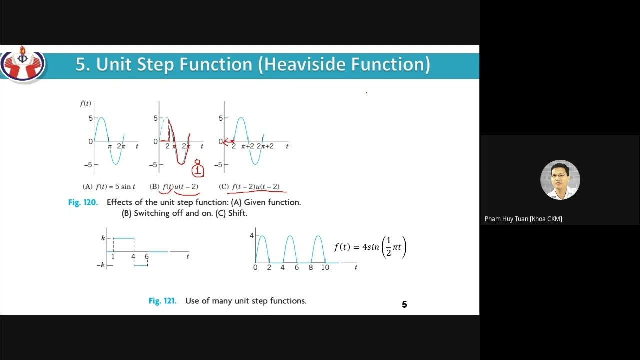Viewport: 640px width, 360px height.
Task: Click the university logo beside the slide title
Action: [22, 64]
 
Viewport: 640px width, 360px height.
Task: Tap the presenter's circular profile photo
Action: [560, 180]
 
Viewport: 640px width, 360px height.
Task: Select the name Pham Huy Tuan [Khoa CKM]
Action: [523, 219]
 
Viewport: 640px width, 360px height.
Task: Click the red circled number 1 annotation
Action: [198, 170]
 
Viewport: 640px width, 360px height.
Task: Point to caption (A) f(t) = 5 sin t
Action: [109, 187]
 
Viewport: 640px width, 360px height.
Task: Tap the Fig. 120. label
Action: [83, 203]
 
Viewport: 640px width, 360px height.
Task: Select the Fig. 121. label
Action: [163, 301]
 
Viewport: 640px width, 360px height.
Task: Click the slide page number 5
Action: [404, 304]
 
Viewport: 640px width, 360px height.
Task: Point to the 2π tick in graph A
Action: [121, 146]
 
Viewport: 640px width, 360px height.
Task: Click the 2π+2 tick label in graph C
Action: [265, 146]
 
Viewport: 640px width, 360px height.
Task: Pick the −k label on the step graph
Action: [100, 265]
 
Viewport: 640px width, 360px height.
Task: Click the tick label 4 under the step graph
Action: [133, 257]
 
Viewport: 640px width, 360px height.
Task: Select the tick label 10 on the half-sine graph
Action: [325, 267]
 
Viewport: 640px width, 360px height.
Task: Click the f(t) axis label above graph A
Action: [86, 104]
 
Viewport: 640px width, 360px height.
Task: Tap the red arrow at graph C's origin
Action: [228, 141]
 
